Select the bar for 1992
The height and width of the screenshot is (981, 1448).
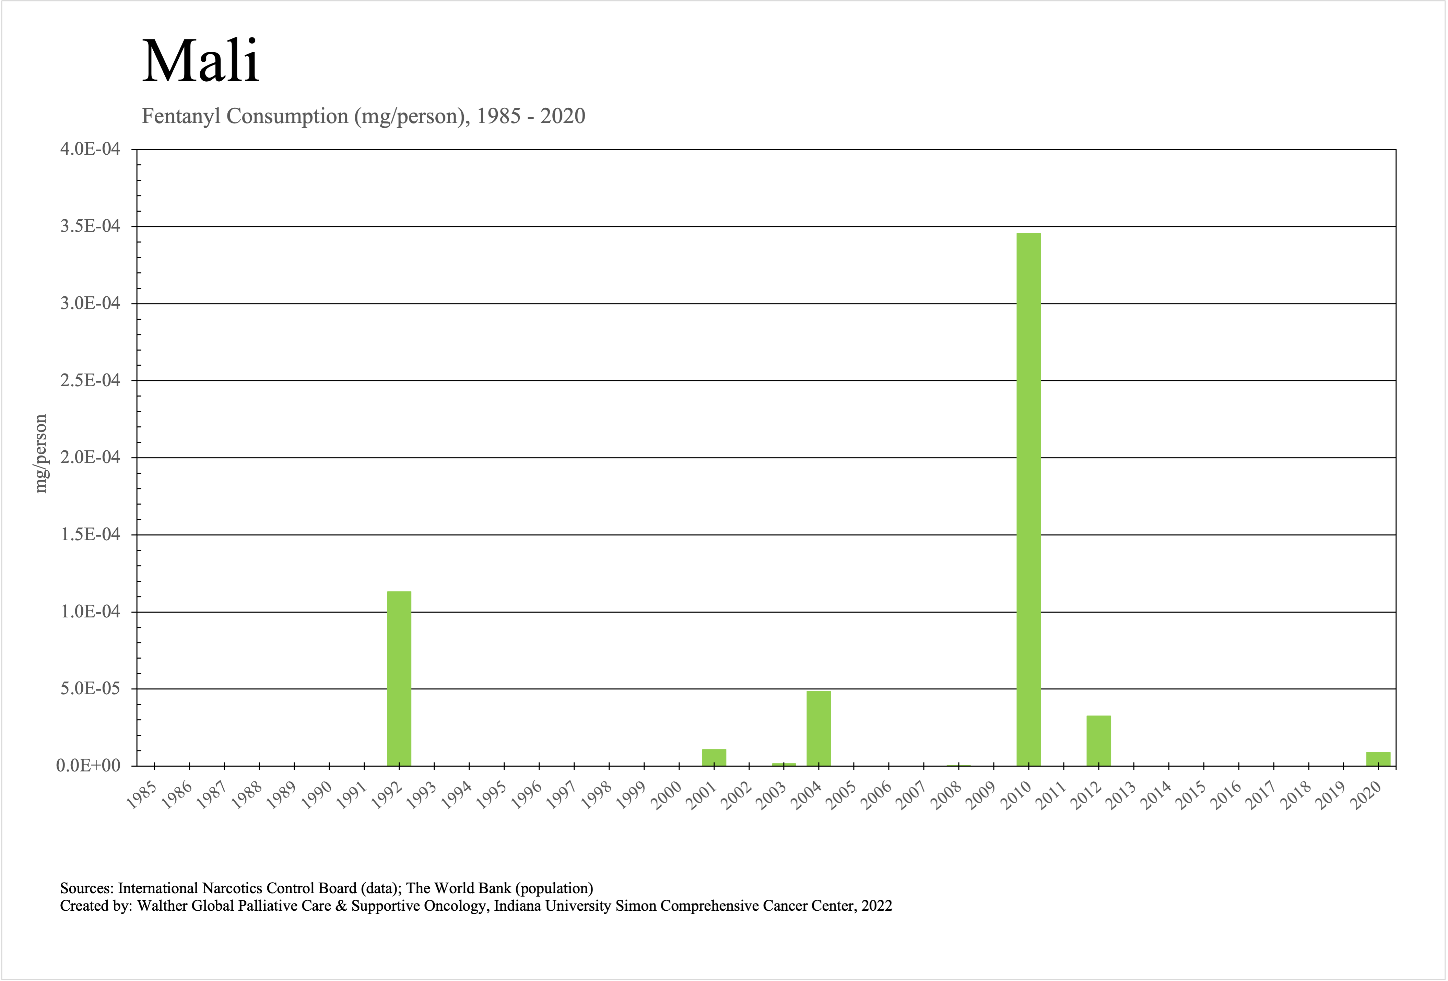click(399, 679)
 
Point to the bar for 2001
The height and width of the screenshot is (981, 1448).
click(714, 757)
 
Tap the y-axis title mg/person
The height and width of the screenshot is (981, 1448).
click(40, 453)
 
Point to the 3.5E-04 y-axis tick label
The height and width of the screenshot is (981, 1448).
click(90, 226)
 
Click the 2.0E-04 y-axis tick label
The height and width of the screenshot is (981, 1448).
click(90, 457)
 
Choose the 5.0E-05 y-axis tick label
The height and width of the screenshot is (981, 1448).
click(90, 688)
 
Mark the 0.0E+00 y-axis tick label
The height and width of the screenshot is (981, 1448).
click(89, 766)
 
